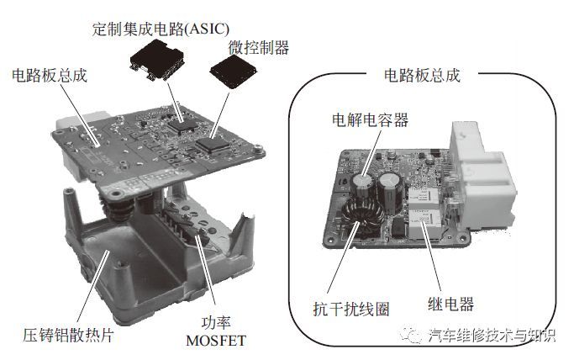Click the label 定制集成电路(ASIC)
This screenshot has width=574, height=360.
point(161,29)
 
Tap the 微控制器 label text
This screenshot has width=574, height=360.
point(259,48)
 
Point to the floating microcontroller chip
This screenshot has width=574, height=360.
point(234,71)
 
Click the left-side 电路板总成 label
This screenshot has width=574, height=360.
point(50,76)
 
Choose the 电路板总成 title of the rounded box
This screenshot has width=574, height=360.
point(422,75)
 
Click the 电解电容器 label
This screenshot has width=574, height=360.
point(370,119)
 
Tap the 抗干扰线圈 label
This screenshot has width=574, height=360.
point(351,309)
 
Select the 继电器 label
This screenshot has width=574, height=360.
point(450,304)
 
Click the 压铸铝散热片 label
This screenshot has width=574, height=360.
point(68,335)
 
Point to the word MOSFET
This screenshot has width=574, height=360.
point(216,341)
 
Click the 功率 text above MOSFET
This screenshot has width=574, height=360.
point(216,322)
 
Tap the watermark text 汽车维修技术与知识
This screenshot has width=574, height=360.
point(492,335)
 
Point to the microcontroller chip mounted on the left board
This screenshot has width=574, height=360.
point(213,145)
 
